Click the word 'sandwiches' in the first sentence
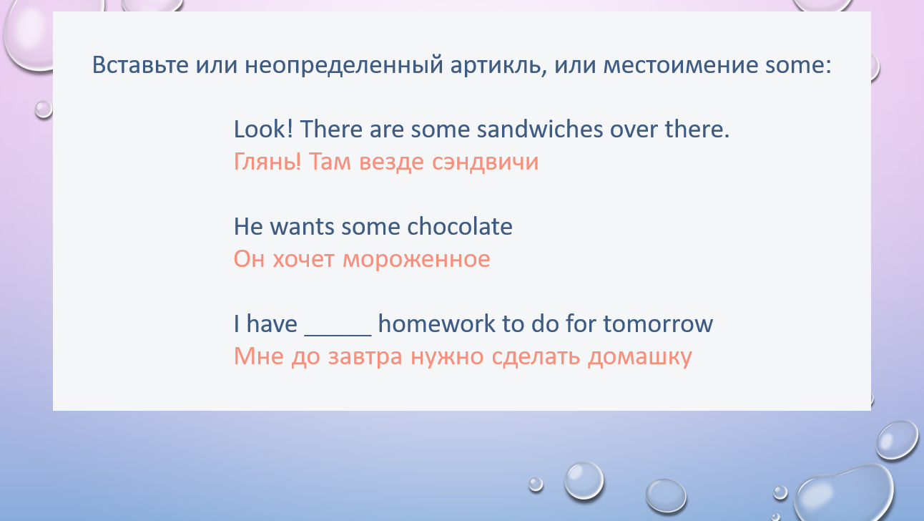539,129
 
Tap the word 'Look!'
263,129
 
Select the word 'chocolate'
460,226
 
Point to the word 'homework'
436,323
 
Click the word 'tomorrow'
658,324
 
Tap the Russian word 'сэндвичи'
485,162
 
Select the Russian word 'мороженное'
416,260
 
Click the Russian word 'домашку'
640,356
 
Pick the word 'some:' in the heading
798,65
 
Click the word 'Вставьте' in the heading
140,65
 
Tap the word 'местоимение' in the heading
681,65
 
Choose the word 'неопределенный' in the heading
343,66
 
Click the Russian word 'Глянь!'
267,162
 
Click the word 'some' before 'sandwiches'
440,130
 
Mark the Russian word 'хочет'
303,260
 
